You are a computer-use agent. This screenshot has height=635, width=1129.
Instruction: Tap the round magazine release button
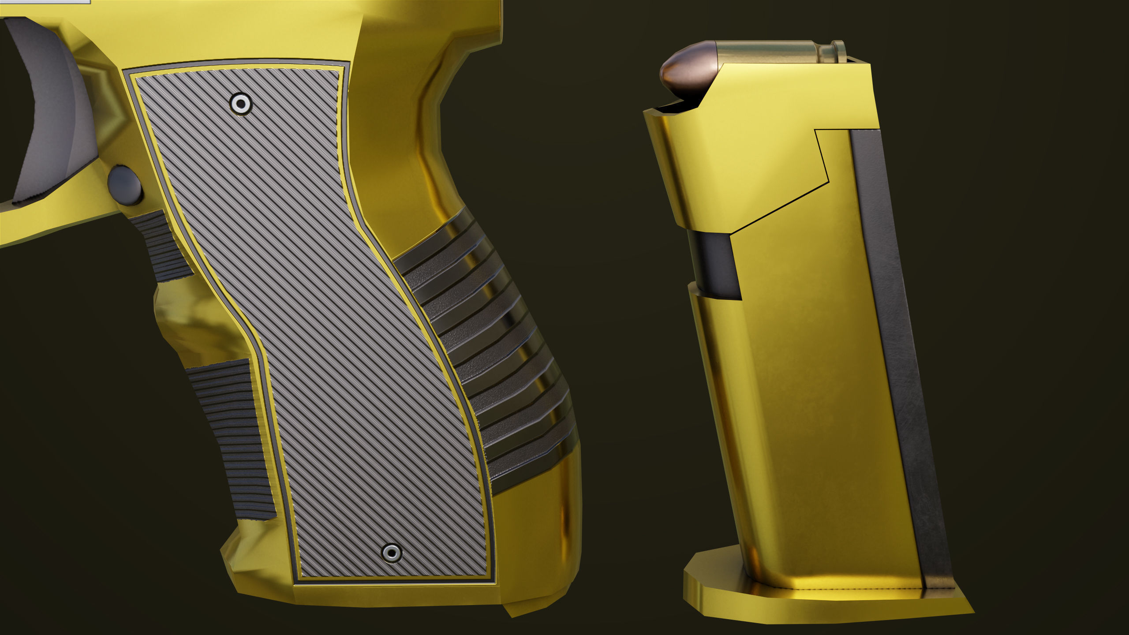pos(125,185)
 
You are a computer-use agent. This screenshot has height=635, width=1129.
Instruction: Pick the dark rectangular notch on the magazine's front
pos(714,265)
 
